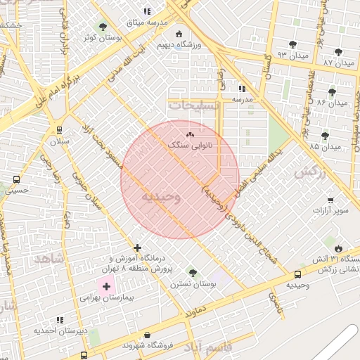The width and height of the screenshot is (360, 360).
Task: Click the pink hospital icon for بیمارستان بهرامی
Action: click(x=107, y=287)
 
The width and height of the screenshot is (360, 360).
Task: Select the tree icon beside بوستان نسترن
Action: click(x=193, y=273)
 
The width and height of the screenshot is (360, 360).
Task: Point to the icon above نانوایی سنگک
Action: click(x=189, y=134)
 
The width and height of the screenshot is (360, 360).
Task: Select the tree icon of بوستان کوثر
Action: click(x=103, y=26)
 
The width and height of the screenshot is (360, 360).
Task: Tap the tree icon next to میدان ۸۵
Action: click(x=324, y=136)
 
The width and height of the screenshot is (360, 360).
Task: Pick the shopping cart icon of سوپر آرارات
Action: click(x=330, y=200)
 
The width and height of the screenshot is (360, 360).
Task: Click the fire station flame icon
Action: click(x=339, y=248)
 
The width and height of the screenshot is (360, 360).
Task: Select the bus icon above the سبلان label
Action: click(x=59, y=130)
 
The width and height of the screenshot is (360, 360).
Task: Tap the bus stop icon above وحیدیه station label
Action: click(x=298, y=274)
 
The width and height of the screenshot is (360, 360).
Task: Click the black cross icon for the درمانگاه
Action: click(x=137, y=247)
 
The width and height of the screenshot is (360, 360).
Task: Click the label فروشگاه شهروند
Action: click(x=147, y=345)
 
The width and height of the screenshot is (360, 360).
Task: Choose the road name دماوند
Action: click(x=192, y=309)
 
